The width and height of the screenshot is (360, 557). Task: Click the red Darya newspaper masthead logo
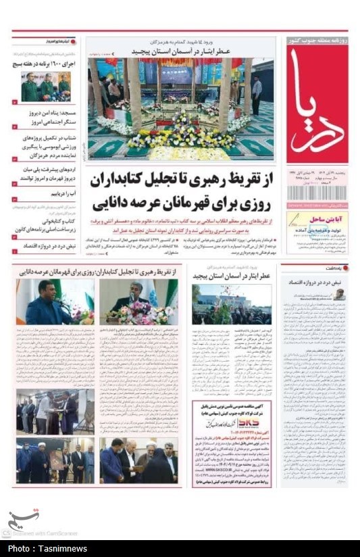click(x=317, y=105)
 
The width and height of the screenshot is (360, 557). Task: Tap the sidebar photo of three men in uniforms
click(x=45, y=87)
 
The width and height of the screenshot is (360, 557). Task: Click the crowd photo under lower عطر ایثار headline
click(x=232, y=304)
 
